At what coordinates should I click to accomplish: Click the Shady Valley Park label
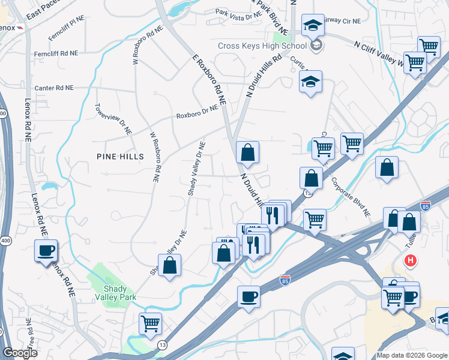tap(115, 292)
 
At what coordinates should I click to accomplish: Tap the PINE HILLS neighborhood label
tap(120, 156)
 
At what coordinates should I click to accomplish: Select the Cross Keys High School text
tap(263, 46)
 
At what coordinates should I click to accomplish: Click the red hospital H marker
tap(411, 261)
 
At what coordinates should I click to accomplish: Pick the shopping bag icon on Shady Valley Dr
tap(170, 266)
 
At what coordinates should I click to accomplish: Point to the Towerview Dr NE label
tap(113, 118)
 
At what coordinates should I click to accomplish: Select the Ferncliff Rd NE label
tap(56, 53)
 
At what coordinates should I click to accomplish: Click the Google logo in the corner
tap(20, 353)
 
